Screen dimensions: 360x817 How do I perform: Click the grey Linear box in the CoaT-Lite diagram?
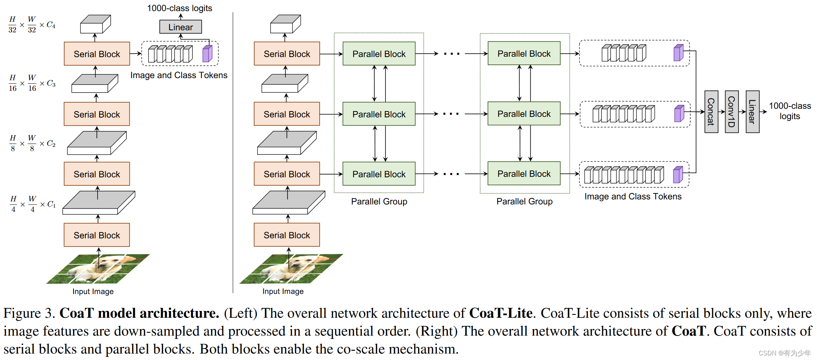(x=180, y=27)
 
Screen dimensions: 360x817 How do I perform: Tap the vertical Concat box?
(x=711, y=112)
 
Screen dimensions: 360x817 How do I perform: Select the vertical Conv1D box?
(x=731, y=112)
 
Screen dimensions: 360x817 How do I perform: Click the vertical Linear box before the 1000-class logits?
(x=752, y=112)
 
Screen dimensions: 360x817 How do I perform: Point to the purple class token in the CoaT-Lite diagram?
(x=207, y=54)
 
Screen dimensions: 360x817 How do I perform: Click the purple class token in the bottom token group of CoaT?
(x=678, y=175)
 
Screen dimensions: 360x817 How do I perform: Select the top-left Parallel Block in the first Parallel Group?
(x=379, y=54)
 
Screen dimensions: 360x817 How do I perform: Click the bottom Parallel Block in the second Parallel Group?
(x=524, y=174)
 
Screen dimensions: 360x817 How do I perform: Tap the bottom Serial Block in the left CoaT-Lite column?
(x=97, y=235)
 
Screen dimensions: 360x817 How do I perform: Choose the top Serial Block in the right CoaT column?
(x=287, y=54)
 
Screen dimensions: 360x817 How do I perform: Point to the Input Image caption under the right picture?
(x=283, y=291)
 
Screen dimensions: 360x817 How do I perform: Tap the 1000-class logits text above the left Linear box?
(x=180, y=8)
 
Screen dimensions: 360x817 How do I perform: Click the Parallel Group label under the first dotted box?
(x=379, y=201)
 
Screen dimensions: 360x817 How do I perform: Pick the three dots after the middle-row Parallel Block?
(x=451, y=114)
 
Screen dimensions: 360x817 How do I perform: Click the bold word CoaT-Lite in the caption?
(x=501, y=313)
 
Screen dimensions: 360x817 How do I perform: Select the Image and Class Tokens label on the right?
(x=633, y=196)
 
